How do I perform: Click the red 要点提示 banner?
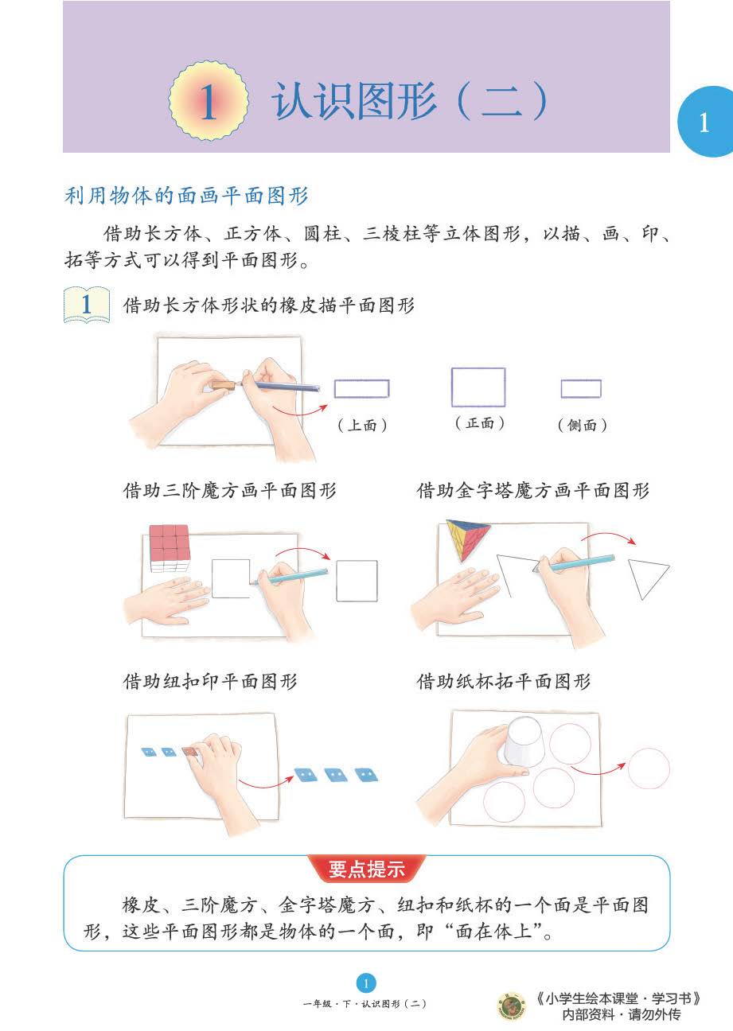pos(366,869)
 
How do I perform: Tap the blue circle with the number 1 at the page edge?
pos(707,122)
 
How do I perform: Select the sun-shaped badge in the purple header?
pos(209,101)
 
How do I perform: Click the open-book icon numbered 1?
pos(87,305)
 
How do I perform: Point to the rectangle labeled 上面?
pos(362,388)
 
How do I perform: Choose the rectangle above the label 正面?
pos(478,387)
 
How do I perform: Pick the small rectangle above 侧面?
pos(581,388)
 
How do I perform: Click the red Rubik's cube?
pos(170,547)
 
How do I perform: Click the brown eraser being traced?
pos(224,385)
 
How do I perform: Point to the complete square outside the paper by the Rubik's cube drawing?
pos(357,581)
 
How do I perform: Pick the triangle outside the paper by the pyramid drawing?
pos(647,578)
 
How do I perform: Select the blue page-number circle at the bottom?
pos(366,983)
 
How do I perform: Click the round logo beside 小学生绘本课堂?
pos(511,1006)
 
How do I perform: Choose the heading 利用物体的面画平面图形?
pos(186,196)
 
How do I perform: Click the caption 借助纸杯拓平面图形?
pos(504,681)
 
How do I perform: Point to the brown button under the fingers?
pos(189,751)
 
